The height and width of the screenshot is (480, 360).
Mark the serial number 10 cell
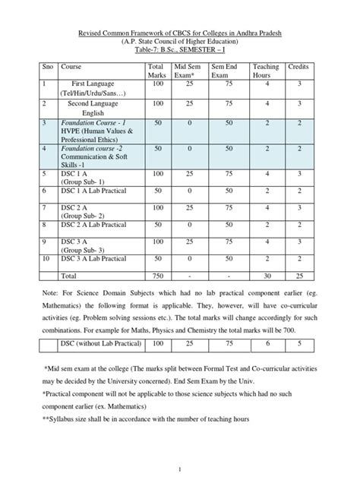tap(47, 259)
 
